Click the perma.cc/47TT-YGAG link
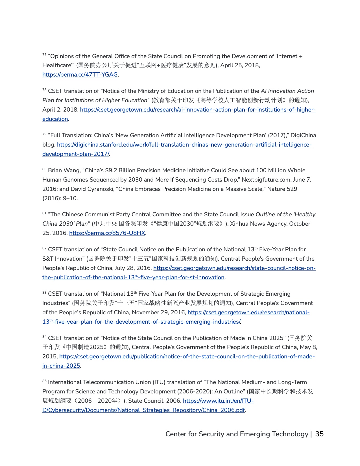pyautogui.click(x=80, y=75)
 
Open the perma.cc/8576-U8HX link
pyautogui.click(x=107, y=233)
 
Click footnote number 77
pyautogui.click(x=44, y=55)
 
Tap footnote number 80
pyautogui.click(x=44, y=169)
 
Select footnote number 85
pyautogui.click(x=44, y=381)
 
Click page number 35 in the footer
pyautogui.click(x=319, y=434)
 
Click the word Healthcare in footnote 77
pyautogui.click(x=57, y=65)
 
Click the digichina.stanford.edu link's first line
pyautogui.click(x=184, y=145)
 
